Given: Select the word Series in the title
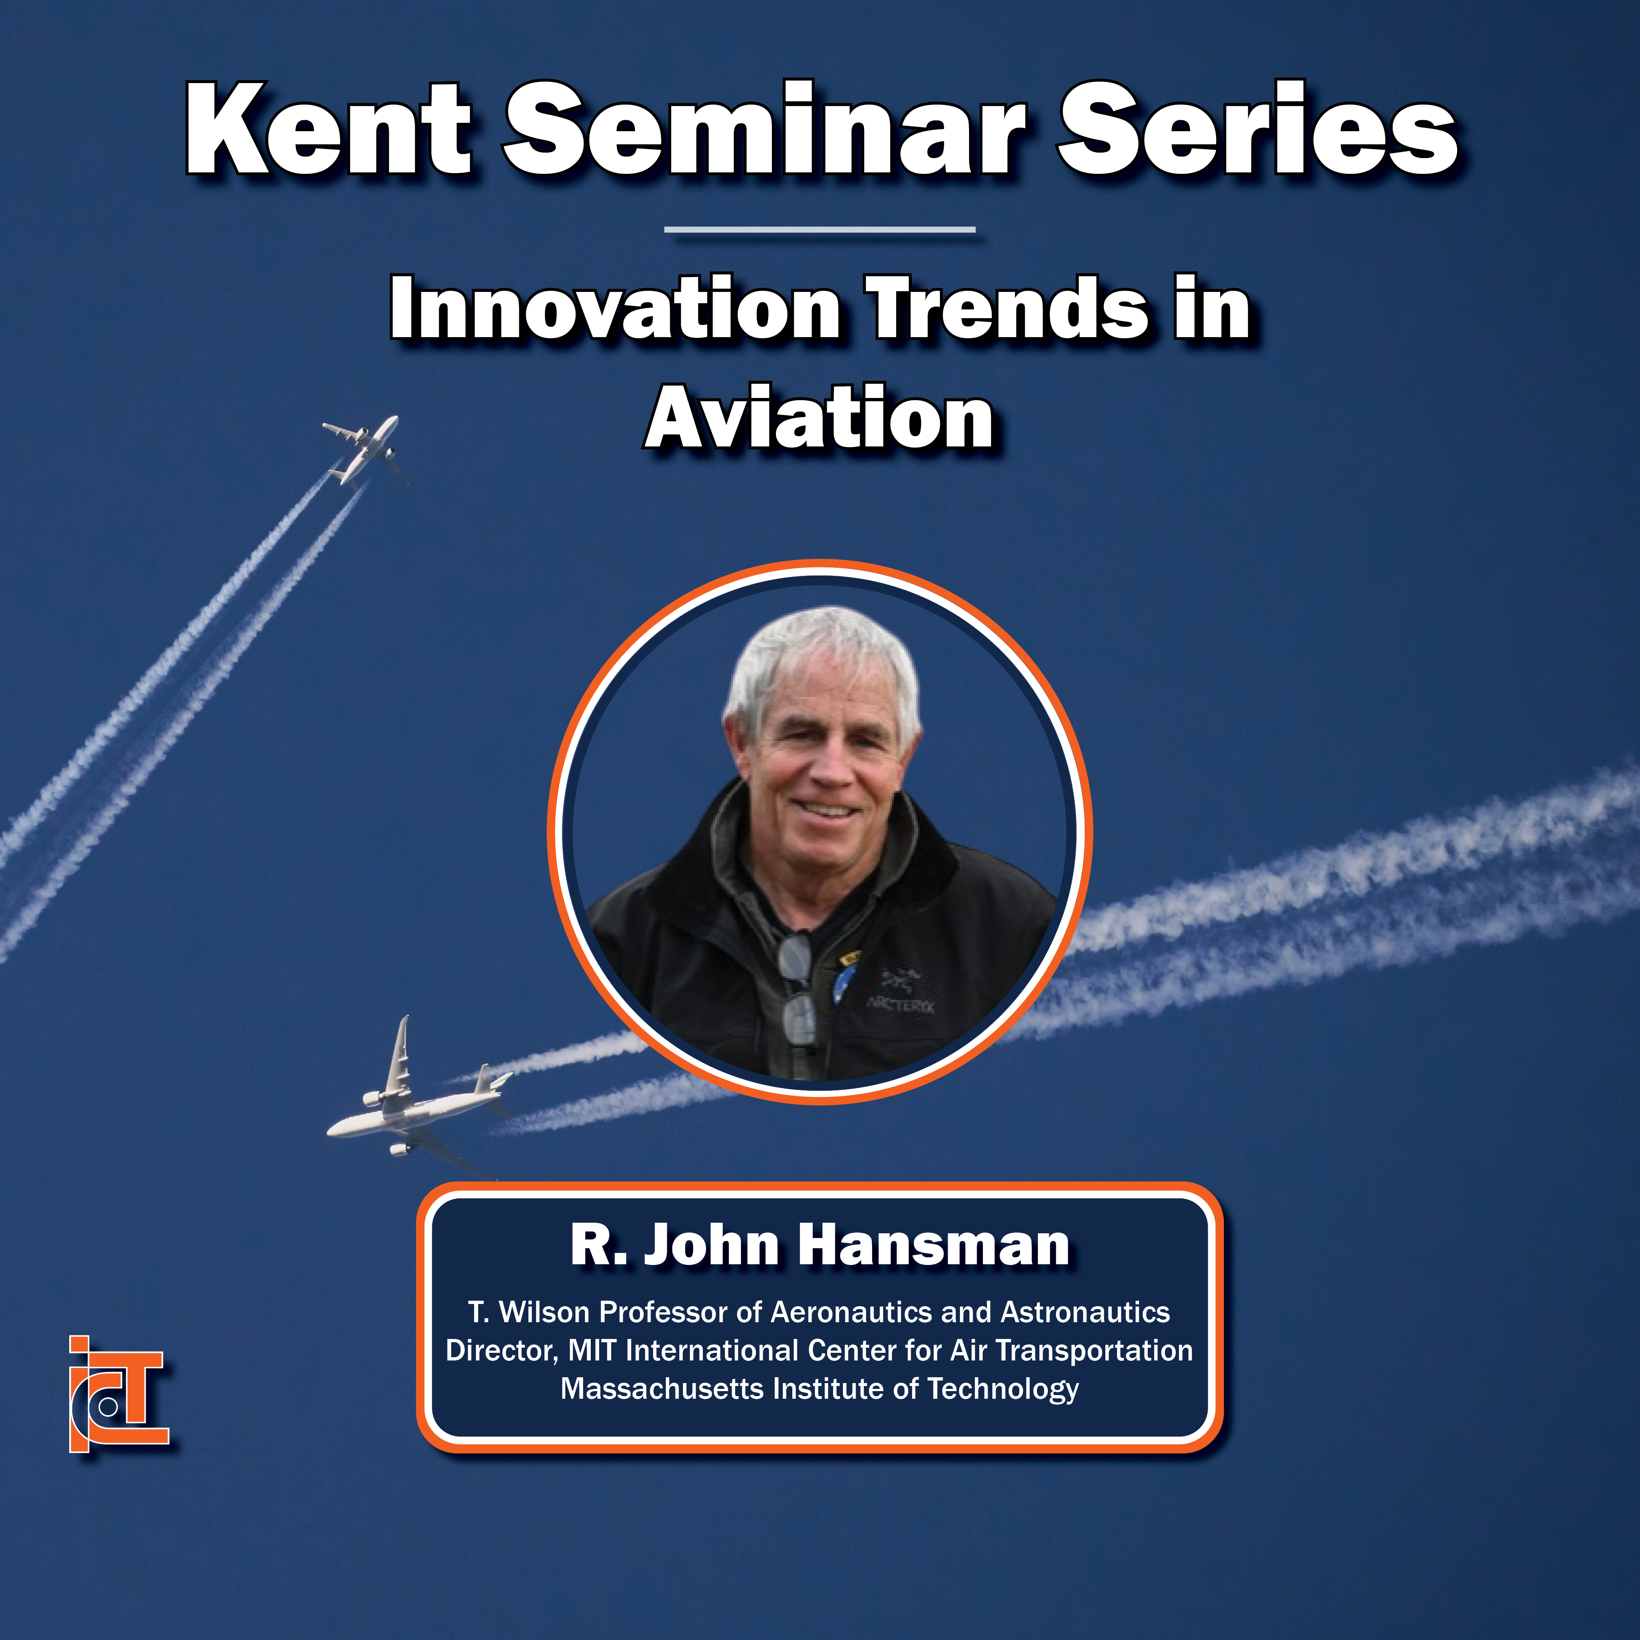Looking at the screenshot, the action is pos(1256,130).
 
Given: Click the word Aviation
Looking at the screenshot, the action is pos(819,418).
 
